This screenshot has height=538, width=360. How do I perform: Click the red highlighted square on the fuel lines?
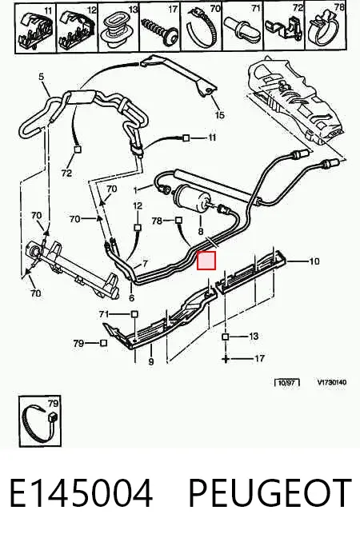(x=206, y=261)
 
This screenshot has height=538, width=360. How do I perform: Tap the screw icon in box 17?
(x=160, y=30)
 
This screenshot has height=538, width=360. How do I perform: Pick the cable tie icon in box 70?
(x=202, y=30)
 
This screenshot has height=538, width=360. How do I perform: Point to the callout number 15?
(x=219, y=114)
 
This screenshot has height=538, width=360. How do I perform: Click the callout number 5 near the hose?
(x=42, y=77)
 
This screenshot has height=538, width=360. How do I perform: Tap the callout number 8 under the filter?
(x=201, y=232)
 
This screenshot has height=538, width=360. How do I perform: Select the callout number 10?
(x=314, y=261)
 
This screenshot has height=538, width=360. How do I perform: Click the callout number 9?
(x=151, y=361)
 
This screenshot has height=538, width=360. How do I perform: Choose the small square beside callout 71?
(x=134, y=314)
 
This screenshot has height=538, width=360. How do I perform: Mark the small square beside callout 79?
(x=103, y=343)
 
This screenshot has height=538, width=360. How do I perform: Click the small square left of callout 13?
(x=226, y=337)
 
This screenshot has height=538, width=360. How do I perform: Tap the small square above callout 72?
(x=78, y=149)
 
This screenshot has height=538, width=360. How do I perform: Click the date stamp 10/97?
(x=287, y=382)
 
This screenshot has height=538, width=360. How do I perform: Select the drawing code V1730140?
(x=332, y=382)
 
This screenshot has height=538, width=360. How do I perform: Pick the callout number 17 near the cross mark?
(x=260, y=358)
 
